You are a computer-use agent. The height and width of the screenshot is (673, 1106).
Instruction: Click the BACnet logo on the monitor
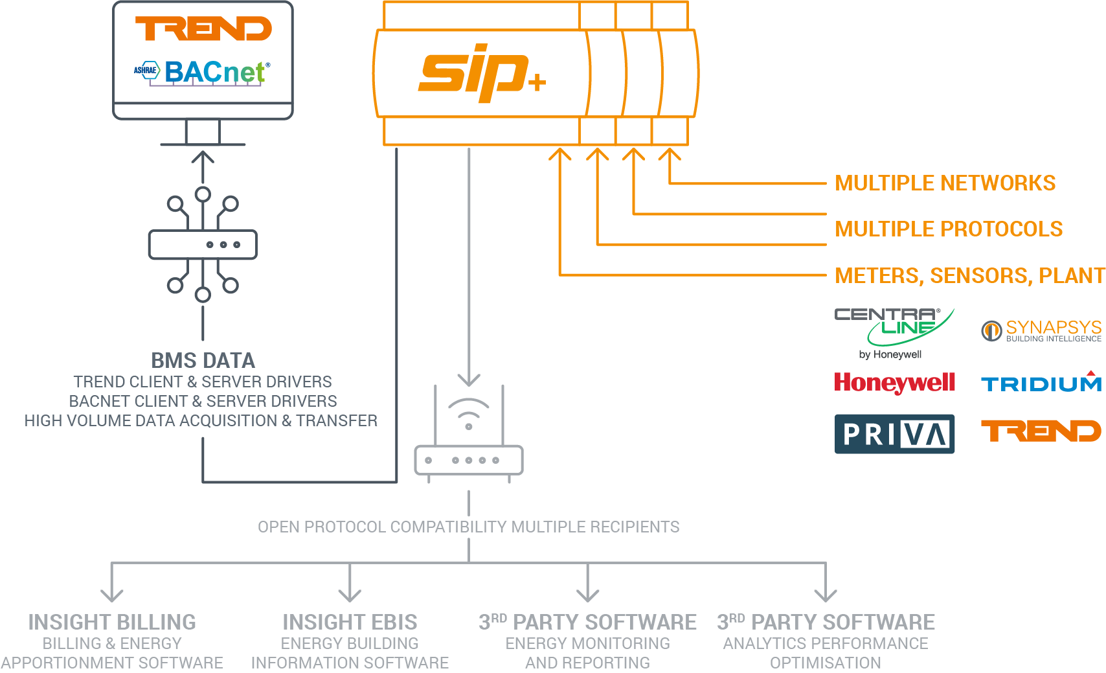coord(203,72)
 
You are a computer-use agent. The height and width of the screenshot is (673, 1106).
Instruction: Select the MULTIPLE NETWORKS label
coord(945,183)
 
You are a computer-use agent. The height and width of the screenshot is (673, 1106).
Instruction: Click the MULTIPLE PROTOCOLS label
coord(949,229)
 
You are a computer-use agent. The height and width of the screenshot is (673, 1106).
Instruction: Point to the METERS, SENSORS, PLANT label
coord(969,276)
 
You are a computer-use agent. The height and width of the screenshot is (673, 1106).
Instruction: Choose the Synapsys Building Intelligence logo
coord(1041,331)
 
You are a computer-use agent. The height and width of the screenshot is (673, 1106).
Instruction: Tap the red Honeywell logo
coord(894,383)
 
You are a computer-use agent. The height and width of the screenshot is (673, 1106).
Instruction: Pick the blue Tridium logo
coord(1041,383)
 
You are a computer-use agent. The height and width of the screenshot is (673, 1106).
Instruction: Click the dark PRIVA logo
coord(894,434)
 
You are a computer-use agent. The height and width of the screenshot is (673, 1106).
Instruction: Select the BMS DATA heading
coord(203,361)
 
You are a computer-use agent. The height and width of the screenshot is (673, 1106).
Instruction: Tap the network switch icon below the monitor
coord(203,245)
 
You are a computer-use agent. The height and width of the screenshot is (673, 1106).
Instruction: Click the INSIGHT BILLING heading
coord(112,622)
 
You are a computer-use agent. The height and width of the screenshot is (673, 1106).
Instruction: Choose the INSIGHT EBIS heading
coord(350,622)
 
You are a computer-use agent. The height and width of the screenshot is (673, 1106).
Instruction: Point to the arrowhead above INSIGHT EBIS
coord(350,594)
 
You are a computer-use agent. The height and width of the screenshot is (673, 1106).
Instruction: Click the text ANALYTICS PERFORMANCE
coord(826,644)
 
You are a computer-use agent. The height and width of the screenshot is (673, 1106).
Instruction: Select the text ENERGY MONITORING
coord(587,644)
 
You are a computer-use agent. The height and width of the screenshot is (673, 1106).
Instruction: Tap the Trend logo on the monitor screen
coord(203,29)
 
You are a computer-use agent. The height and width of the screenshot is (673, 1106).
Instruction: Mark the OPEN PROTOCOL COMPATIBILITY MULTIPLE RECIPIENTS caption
coord(468,527)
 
